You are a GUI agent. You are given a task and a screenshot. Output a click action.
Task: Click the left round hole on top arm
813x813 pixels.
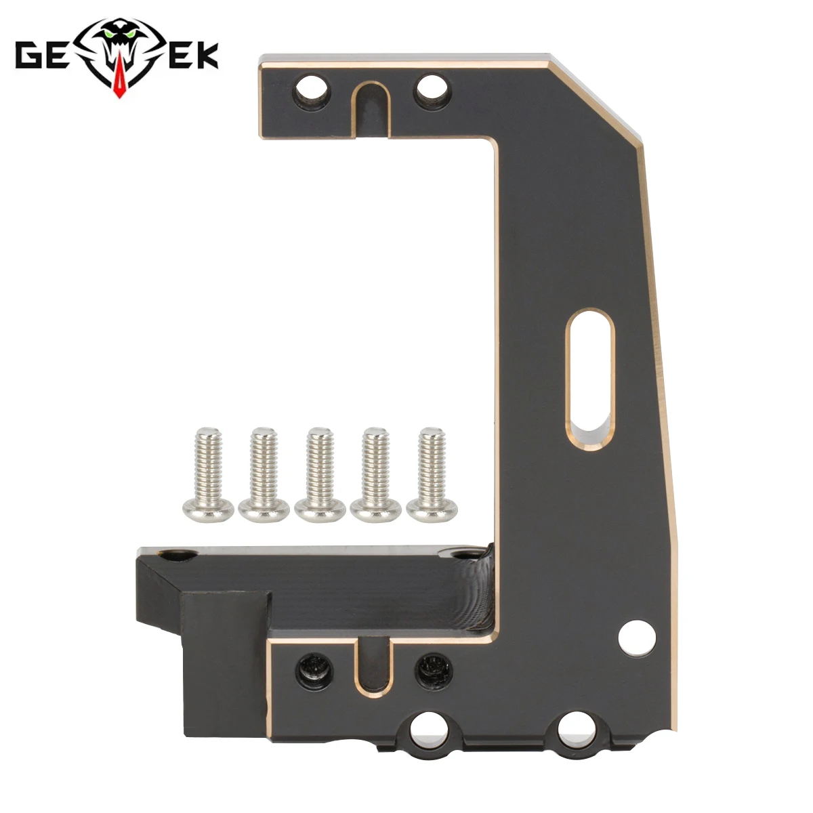310,89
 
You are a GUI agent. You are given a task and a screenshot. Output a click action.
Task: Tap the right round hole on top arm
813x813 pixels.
432,89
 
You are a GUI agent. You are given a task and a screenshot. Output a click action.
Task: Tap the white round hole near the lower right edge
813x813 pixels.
638,638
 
